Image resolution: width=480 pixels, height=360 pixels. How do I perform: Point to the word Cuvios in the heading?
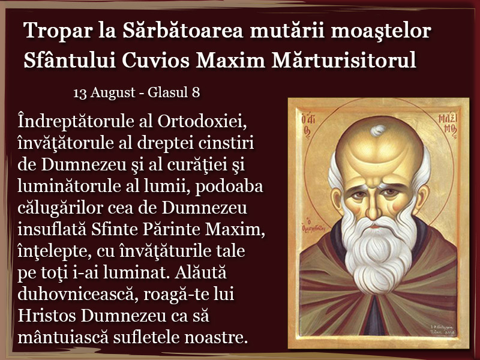pyautogui.click(x=156, y=59)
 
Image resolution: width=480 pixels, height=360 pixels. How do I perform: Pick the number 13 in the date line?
pyautogui.click(x=79, y=92)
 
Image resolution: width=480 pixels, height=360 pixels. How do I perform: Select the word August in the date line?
pyautogui.click(x=113, y=93)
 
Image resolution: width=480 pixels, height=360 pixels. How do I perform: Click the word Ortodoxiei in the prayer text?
pyautogui.click(x=202, y=121)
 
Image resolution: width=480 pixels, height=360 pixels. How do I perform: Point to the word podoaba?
pyautogui.click(x=229, y=187)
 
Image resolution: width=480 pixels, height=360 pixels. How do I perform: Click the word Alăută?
pyautogui.click(x=201, y=272)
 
